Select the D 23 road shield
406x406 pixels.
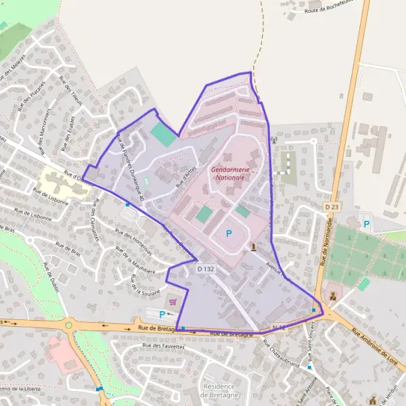pyautogui.click(x=331, y=206)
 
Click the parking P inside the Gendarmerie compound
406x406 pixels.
pyautogui.click(x=229, y=233)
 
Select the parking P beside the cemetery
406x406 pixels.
pyautogui.click(x=367, y=223)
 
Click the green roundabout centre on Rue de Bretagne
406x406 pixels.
pyautogui.click(x=68, y=325)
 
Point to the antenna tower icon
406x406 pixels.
pyautogui.click(x=274, y=141)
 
